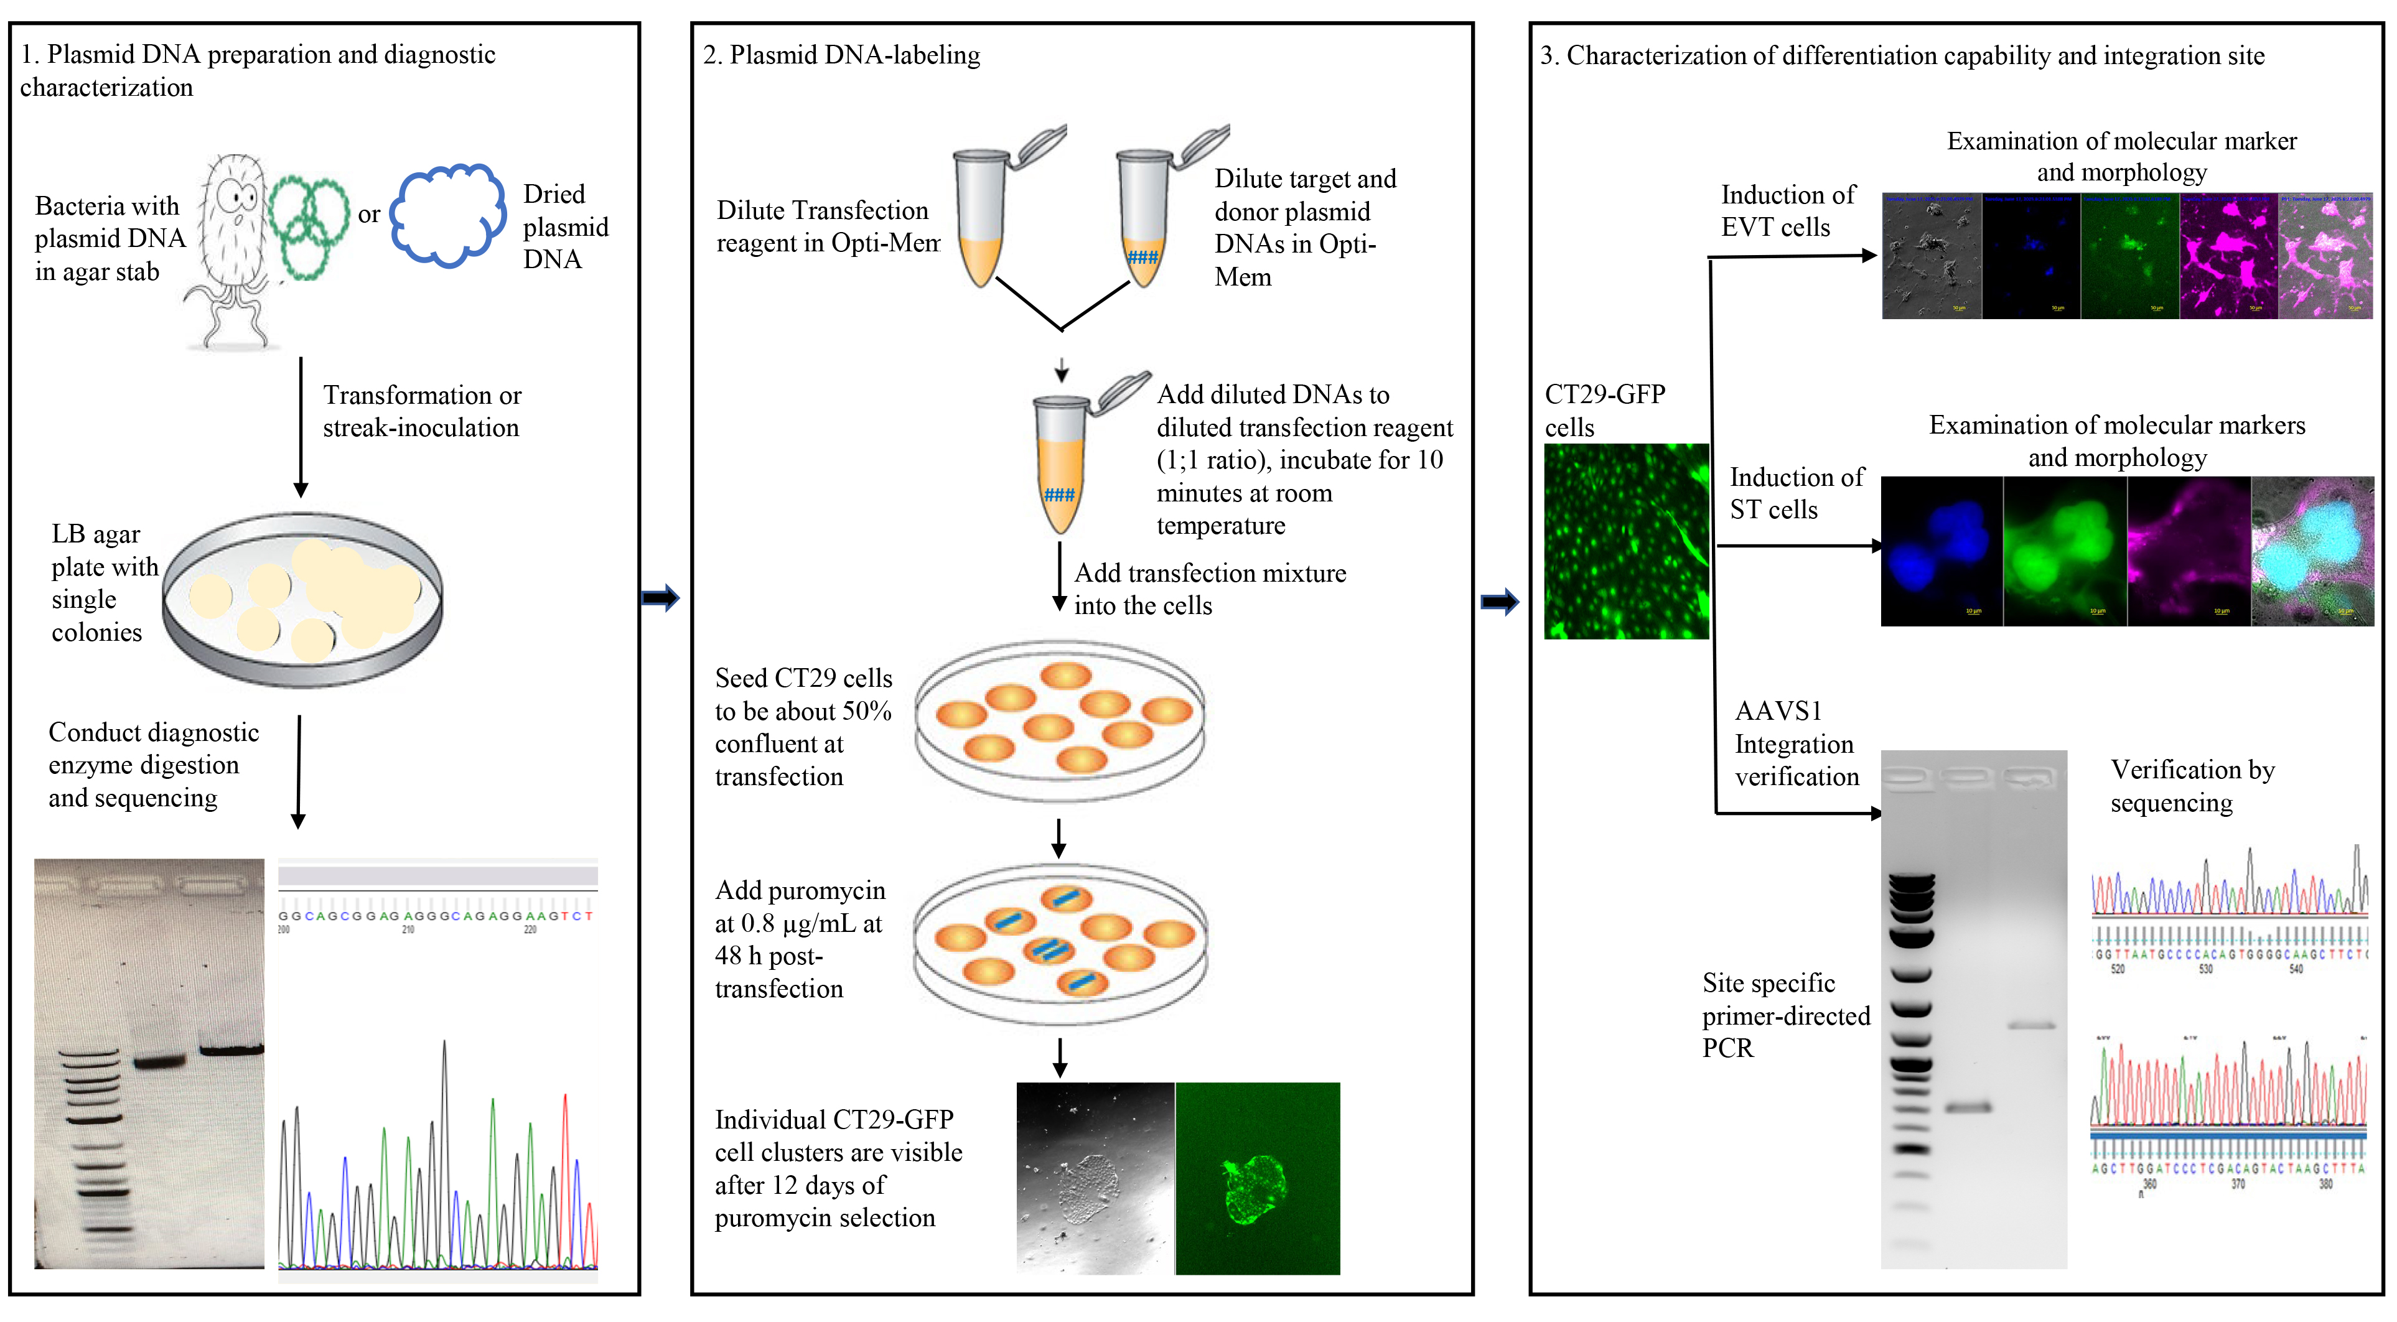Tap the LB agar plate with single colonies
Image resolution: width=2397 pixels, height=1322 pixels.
coord(302,600)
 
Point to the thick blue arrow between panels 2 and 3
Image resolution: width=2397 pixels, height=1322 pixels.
coord(1499,602)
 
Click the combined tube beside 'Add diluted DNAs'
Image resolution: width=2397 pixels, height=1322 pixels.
coord(1062,465)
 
